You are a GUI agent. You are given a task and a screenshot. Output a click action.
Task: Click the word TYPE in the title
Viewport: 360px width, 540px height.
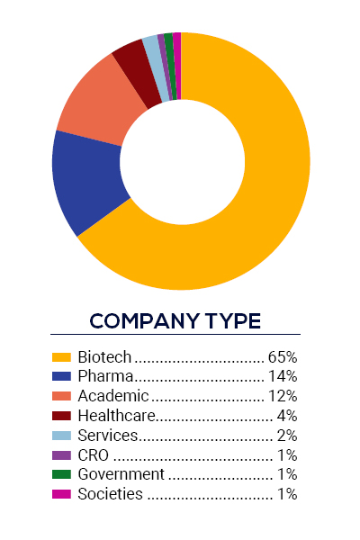point(230,320)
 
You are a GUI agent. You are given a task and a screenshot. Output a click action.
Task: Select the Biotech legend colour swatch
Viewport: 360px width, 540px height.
point(61,356)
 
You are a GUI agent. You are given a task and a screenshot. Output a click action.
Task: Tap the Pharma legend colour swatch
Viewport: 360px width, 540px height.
point(61,376)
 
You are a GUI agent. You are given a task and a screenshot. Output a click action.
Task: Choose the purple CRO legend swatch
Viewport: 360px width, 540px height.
point(61,454)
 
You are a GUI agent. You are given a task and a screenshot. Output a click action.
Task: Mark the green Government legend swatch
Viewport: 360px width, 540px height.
point(61,474)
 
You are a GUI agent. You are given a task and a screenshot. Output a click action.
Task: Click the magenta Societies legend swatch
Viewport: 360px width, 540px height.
point(61,494)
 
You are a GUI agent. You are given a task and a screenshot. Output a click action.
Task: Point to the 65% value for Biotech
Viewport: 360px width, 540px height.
point(283,356)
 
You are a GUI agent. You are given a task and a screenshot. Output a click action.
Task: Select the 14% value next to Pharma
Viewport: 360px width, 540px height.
point(283,376)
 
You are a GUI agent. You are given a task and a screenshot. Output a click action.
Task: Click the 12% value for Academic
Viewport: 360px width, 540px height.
point(283,396)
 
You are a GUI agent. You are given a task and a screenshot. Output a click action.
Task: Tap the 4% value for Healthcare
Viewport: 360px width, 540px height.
point(287,415)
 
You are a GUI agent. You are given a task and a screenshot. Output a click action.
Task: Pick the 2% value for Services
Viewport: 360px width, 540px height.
point(287,435)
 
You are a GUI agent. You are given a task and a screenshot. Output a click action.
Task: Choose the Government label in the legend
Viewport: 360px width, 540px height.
point(121,474)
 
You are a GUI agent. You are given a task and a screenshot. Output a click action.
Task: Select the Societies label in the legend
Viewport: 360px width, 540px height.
point(110,494)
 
